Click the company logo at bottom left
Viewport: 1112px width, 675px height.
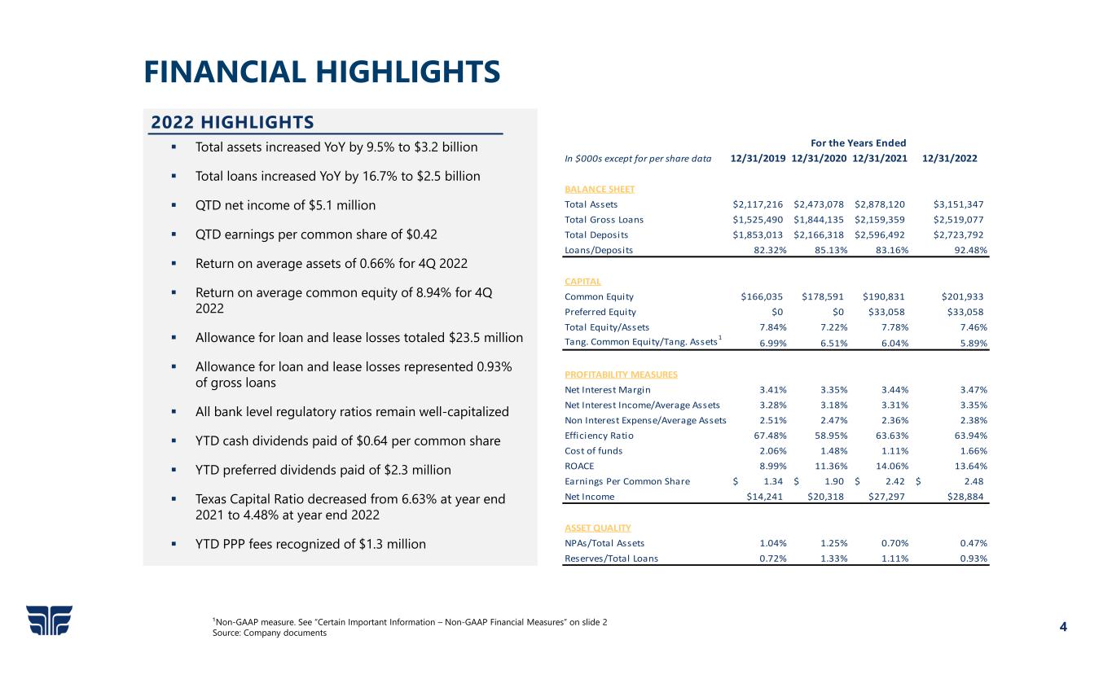tap(49, 620)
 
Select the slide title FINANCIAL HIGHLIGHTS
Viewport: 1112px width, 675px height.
tap(322, 72)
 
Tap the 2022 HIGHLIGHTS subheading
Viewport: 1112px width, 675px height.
tap(232, 122)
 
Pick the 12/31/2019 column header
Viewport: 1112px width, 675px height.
tap(758, 158)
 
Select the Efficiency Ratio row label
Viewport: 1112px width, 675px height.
tap(598, 436)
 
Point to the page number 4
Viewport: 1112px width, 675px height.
tap(1063, 627)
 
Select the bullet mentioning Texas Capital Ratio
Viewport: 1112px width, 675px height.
tap(350, 507)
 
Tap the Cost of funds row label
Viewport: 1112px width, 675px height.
tap(593, 451)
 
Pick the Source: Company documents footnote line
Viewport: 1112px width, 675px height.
tap(269, 633)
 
